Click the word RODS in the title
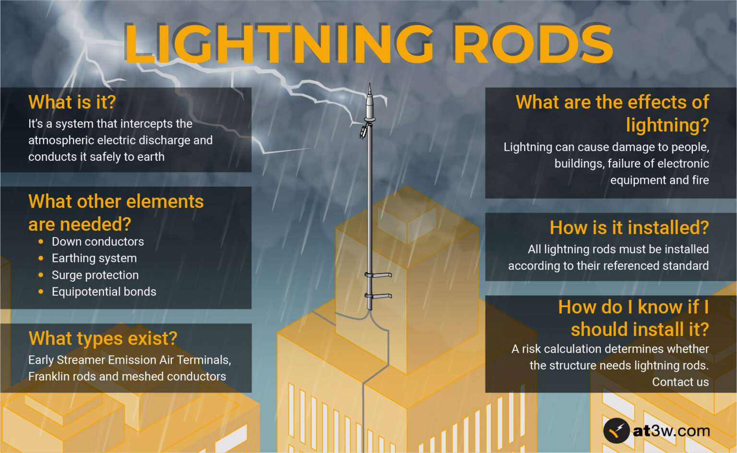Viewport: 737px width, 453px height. (533, 44)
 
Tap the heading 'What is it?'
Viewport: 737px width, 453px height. (72, 102)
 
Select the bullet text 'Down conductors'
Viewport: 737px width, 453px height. (98, 242)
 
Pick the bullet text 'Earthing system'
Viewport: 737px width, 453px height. (94, 258)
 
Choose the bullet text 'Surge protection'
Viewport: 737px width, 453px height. (95, 275)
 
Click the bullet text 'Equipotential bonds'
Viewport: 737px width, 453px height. (104, 292)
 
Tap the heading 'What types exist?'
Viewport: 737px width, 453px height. (103, 338)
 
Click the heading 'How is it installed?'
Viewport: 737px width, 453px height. (629, 227)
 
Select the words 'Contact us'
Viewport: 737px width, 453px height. (680, 382)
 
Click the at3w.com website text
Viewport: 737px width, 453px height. (671, 430)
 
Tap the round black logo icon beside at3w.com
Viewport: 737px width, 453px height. (616, 430)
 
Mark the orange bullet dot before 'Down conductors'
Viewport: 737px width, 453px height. (41, 242)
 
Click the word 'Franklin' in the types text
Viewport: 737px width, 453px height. (50, 377)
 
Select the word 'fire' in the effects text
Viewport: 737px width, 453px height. (700, 180)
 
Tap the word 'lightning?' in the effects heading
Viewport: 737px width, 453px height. (667, 125)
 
